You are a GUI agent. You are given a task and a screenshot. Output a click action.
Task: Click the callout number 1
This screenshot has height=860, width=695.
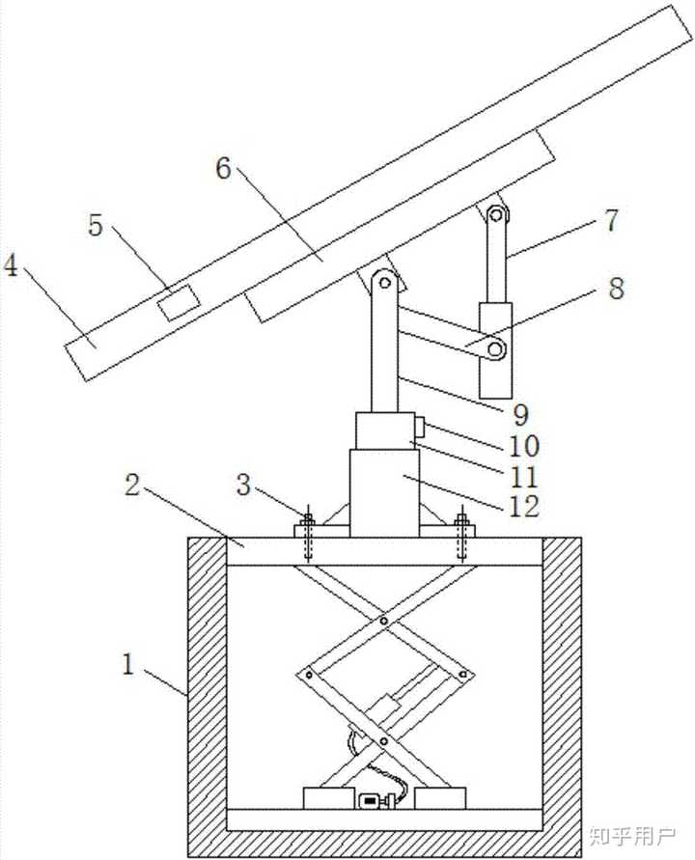tap(127, 664)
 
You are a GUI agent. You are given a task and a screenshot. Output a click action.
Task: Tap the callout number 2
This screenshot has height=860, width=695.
tap(132, 485)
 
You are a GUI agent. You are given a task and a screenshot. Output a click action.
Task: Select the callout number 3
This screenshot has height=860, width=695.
tap(243, 485)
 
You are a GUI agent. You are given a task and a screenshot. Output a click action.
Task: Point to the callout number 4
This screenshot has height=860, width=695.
tap(11, 265)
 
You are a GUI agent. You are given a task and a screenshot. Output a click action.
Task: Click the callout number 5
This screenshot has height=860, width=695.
tap(96, 225)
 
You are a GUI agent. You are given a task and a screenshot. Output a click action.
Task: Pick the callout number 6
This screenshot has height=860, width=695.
tap(223, 168)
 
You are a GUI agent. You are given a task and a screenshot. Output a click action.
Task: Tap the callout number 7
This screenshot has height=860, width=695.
tap(611, 220)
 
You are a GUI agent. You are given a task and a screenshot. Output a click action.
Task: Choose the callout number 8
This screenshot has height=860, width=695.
tap(617, 288)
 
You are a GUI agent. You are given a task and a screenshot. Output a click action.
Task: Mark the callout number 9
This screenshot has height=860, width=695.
tap(520, 415)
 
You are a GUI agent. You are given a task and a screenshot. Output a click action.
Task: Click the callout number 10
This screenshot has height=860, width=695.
tap(524, 446)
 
